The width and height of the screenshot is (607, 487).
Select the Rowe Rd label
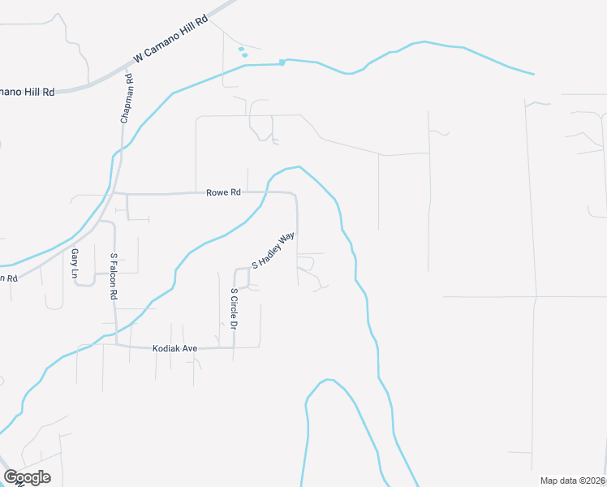click(224, 192)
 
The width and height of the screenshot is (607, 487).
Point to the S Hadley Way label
click(273, 252)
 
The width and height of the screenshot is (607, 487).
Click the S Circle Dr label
click(234, 308)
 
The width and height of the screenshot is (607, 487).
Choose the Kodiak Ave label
click(174, 348)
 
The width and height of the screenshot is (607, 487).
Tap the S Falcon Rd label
click(114, 276)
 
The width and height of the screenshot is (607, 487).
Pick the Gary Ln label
click(74, 264)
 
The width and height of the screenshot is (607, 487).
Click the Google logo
click(27, 477)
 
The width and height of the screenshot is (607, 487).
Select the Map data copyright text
click(572, 481)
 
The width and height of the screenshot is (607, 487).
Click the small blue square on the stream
click(282, 62)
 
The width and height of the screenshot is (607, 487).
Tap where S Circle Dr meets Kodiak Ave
click(235, 347)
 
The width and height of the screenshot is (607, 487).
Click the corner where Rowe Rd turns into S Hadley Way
click(294, 195)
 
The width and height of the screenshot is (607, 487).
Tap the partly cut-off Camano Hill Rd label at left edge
click(27, 92)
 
